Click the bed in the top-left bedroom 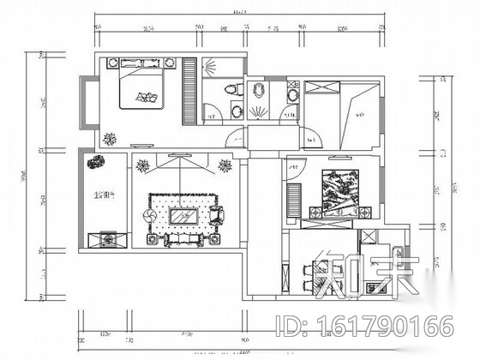point(139,89)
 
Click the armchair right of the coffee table point(214,215)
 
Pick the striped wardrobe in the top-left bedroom point(190,89)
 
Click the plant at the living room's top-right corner point(225,165)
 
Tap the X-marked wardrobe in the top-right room point(322,87)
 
